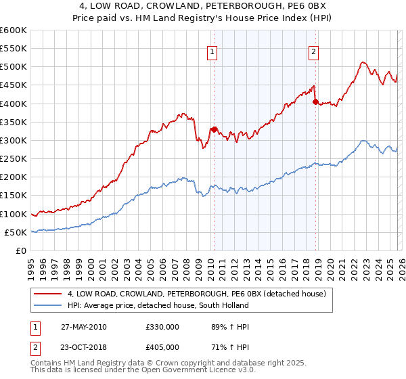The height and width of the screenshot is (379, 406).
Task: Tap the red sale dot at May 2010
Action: coord(214,129)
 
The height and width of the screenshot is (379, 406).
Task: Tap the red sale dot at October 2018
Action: coord(315,102)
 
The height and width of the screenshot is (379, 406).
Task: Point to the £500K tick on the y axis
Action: coord(14,67)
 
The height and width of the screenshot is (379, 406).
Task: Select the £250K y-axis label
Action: coord(14,159)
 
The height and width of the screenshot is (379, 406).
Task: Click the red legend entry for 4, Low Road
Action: coord(196,294)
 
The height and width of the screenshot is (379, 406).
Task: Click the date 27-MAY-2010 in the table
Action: coord(83,327)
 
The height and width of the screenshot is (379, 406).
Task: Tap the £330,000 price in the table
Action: coord(162,327)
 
